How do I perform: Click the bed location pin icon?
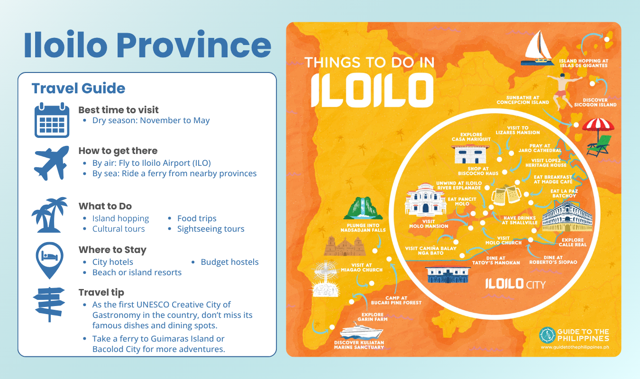50,260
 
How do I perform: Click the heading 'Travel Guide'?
78,88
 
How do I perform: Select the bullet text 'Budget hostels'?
229,262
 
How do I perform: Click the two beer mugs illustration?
506,193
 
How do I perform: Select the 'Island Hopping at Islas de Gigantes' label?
583,63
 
